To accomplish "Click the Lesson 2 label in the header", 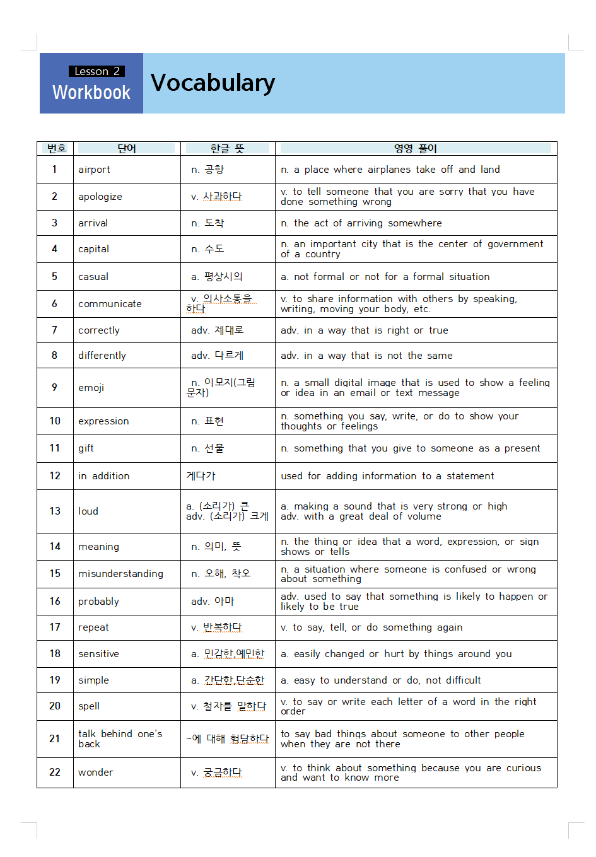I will [x=96, y=71].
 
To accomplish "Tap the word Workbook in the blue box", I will [x=91, y=93].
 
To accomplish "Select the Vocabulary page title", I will [x=213, y=83].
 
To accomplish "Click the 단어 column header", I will [x=127, y=148].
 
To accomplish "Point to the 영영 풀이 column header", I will [x=415, y=148].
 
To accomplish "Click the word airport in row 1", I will [x=94, y=170].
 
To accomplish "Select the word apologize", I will [x=100, y=197].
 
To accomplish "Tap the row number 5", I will [x=54, y=276].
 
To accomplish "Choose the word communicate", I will [x=110, y=304].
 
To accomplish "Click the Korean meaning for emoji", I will [x=221, y=387].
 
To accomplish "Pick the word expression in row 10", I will [x=103, y=421].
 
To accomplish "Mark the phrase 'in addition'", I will [x=103, y=476].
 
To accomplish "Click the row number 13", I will [x=55, y=511].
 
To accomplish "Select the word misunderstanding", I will [x=120, y=574].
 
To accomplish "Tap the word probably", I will [x=98, y=602].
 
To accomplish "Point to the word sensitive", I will [x=98, y=654].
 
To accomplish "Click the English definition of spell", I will [x=408, y=706].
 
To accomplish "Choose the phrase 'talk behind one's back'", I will [x=120, y=738].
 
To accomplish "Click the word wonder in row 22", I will [x=96, y=772].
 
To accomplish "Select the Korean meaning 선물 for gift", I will [x=207, y=448].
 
